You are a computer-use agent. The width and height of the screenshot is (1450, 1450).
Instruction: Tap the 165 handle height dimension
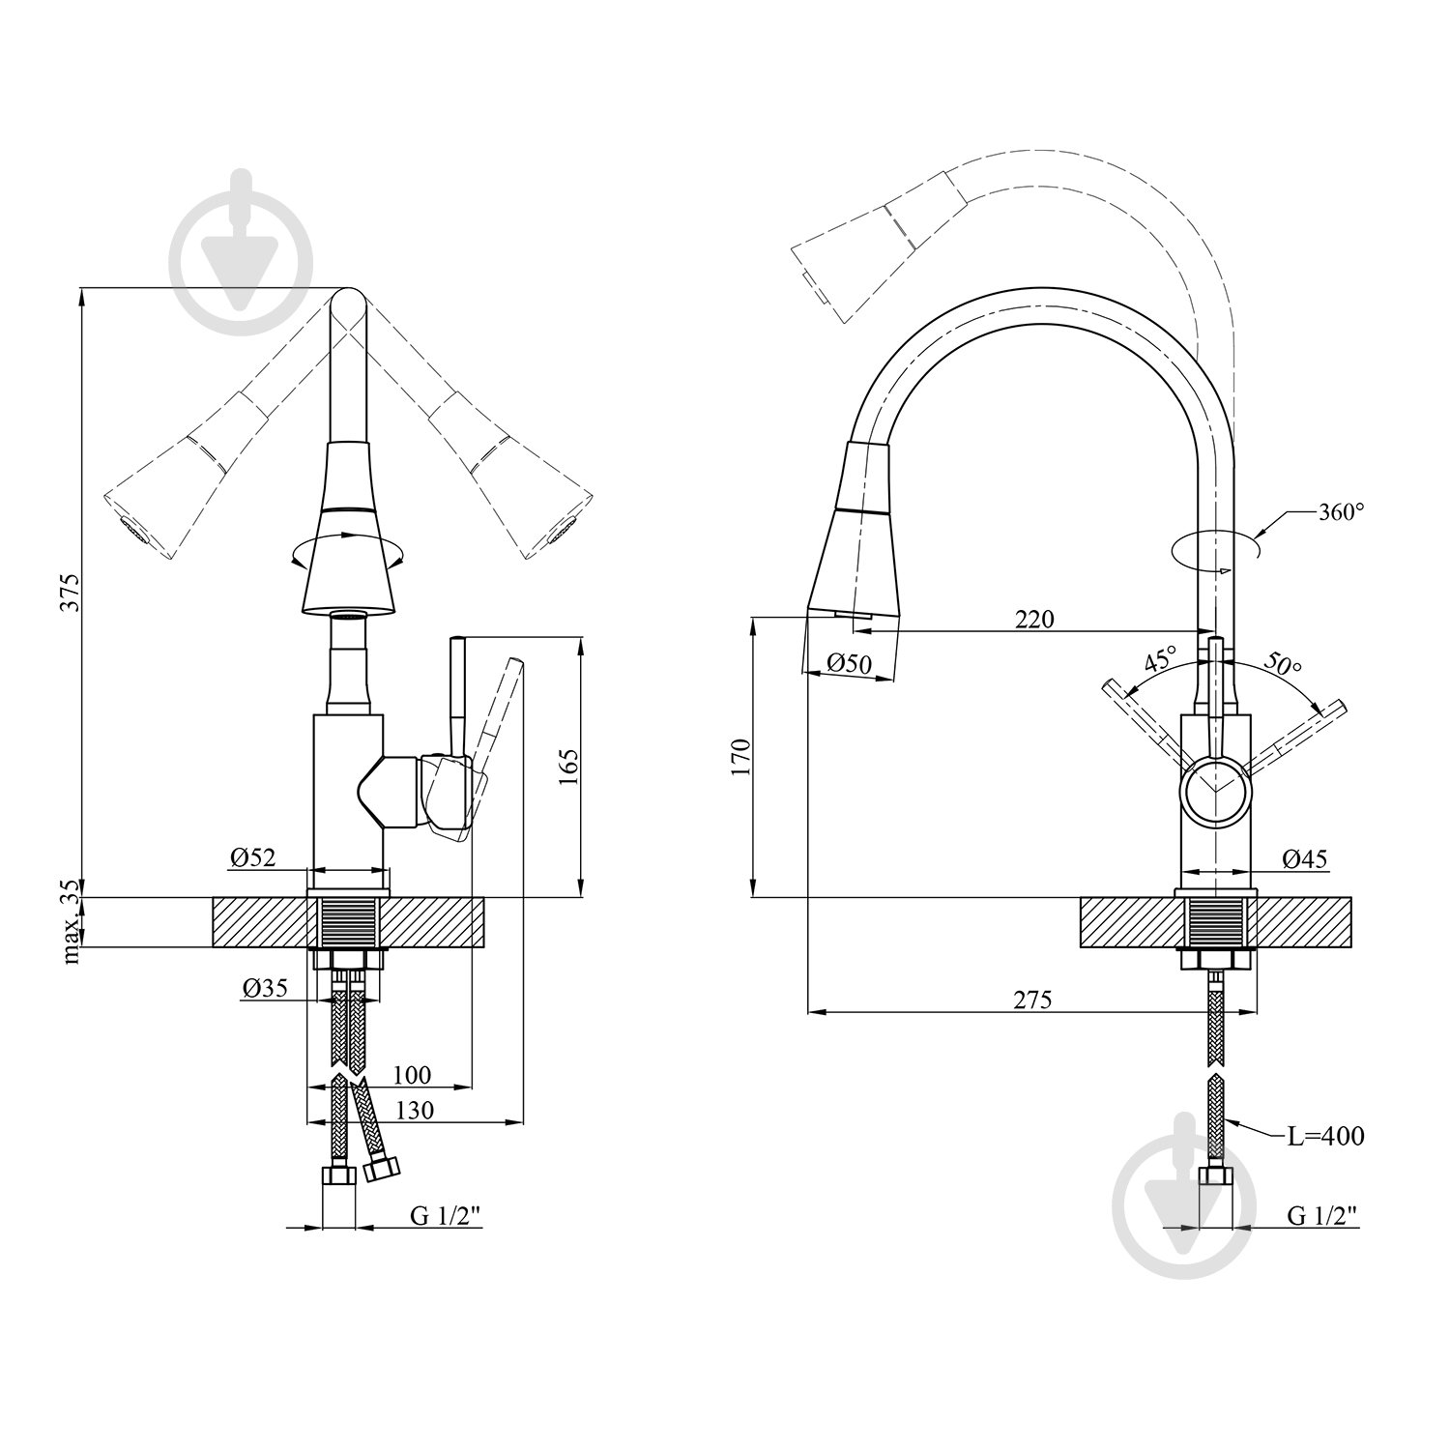(568, 767)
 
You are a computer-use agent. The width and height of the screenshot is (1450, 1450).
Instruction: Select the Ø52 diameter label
(253, 857)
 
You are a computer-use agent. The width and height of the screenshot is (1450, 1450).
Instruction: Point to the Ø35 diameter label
(265, 988)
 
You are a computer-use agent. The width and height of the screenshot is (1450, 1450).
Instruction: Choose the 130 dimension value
(414, 1111)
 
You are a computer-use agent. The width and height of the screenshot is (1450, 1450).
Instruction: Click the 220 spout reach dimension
(1033, 620)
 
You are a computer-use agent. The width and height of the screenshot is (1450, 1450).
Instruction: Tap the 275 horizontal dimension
(1031, 1000)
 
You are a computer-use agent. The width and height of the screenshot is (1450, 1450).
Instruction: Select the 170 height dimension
(741, 758)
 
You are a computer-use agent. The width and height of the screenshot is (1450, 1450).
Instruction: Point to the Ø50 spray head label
(850, 664)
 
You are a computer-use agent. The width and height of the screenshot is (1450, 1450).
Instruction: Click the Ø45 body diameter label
(1305, 857)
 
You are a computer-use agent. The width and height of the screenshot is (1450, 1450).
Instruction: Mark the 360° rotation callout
(1341, 513)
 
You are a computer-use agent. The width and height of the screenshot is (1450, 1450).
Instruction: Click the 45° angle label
(1160, 661)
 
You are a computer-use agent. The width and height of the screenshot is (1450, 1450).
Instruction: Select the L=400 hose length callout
(1324, 1137)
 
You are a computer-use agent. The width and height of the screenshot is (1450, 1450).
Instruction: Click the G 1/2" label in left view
(446, 1217)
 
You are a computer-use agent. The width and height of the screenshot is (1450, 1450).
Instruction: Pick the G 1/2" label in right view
(1322, 1216)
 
